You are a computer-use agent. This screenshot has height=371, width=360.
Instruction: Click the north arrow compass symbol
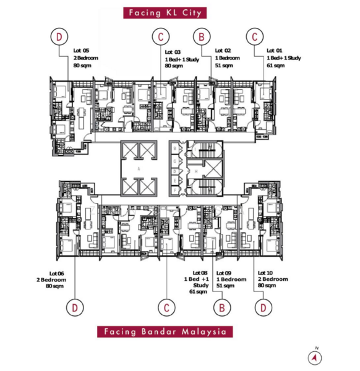(x=316, y=357)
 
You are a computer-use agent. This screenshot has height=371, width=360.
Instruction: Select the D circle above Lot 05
(x=59, y=37)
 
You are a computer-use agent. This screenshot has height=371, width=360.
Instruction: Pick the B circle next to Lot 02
(x=202, y=37)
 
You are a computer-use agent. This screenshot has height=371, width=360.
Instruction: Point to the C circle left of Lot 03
(x=160, y=37)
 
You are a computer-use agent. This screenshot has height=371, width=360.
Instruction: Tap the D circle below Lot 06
(x=75, y=306)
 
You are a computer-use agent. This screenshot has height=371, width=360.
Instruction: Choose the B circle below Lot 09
(x=221, y=306)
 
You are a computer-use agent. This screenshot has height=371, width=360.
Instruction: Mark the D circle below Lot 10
(x=263, y=306)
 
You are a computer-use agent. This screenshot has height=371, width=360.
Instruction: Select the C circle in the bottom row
(x=166, y=306)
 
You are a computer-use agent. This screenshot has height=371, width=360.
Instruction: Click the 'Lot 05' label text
(x=82, y=50)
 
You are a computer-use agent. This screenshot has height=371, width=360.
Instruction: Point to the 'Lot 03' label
(x=173, y=52)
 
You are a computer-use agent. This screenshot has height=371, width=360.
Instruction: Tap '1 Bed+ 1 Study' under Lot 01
(x=283, y=58)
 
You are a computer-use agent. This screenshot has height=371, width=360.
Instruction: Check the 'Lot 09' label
(x=224, y=273)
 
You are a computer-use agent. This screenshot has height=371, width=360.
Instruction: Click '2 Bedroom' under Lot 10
(x=272, y=279)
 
